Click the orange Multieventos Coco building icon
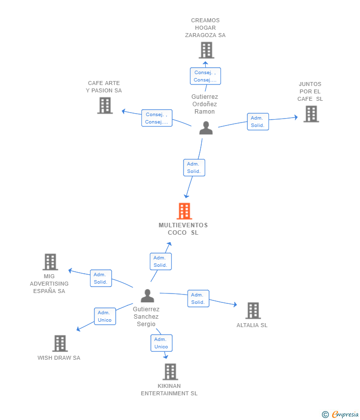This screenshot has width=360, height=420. pos(184,211)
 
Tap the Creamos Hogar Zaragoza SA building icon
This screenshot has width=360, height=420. pos(206,50)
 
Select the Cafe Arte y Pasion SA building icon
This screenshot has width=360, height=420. pos(105,105)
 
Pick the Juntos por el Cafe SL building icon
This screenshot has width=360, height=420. pos(311,114)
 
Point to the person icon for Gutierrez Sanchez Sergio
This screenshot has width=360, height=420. pos(147,295)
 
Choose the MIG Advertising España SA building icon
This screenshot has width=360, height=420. pos(50,262)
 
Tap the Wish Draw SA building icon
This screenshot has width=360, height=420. pos(60,343)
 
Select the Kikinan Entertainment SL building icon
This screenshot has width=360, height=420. pos(170,372)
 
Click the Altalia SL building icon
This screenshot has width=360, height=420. pos(253,311)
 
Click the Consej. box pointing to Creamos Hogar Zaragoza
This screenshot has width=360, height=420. pos(205,76)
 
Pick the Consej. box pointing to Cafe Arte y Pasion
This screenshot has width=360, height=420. pos(157,118)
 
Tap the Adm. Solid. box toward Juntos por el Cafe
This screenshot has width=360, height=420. pos(258,122)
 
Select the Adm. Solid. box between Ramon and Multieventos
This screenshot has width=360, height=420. pos(194,168)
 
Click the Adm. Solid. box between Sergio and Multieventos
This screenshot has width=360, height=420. pos(160,261)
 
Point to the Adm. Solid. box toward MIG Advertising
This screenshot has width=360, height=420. pos(101,278)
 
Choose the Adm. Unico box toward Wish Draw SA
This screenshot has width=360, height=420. pos(105,316)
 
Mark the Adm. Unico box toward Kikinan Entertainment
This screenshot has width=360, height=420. pos(161,343)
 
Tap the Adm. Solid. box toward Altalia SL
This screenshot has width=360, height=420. pos(198,298)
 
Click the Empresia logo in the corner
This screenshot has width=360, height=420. pos(341,414)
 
